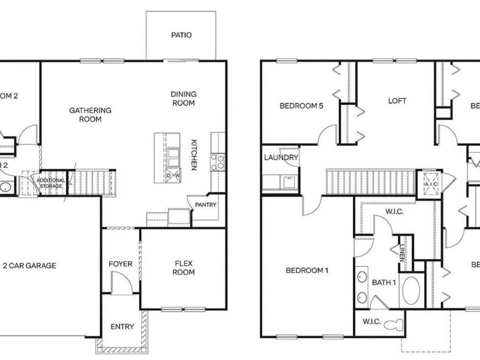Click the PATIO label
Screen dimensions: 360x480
coord(181,36)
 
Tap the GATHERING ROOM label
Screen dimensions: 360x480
coord(90,115)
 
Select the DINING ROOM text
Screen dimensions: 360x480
coord(183,99)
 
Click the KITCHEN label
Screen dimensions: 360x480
coord(195,155)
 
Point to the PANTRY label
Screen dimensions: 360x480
coord(205,204)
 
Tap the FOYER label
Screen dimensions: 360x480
coord(121,264)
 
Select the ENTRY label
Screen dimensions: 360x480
coord(122,327)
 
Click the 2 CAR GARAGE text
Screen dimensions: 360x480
coord(30,266)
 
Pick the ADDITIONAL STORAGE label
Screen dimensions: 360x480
coord(51,183)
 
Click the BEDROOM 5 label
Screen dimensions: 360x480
coord(301,106)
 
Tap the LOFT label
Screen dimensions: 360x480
coord(397,100)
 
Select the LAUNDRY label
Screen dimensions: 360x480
coord(281,158)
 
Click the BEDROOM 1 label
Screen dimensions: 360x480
coord(307,270)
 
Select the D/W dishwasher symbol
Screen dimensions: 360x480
coord(173,175)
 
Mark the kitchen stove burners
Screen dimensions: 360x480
coord(217,162)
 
